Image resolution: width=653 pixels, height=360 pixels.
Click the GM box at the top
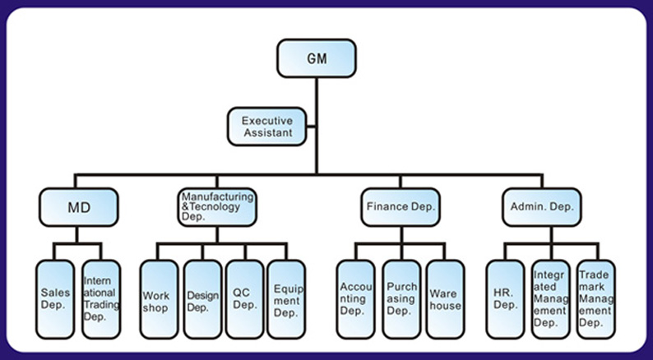[317, 58]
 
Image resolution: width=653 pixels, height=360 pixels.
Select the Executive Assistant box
[267, 127]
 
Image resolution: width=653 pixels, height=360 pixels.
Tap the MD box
[78, 207]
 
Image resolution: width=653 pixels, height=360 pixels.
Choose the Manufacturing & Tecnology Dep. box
[217, 207]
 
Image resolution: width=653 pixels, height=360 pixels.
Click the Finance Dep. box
[401, 207]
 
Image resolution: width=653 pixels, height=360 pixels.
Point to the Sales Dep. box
[55, 299]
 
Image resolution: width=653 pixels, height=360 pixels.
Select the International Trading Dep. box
[101, 299]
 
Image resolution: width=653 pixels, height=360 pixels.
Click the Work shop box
[159, 299]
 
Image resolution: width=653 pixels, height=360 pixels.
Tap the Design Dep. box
[202, 299]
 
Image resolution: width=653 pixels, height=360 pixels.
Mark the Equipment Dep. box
[286, 299]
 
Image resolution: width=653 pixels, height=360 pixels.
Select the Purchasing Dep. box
[401, 299]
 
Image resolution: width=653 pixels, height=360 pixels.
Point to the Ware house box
[445, 299]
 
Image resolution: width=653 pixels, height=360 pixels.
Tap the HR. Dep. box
[505, 299]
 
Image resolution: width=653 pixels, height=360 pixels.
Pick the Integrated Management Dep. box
[550, 299]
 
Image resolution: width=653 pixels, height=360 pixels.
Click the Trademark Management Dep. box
[595, 299]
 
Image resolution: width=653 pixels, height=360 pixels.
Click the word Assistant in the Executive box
[267, 132]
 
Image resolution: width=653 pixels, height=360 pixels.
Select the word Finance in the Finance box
[385, 207]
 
